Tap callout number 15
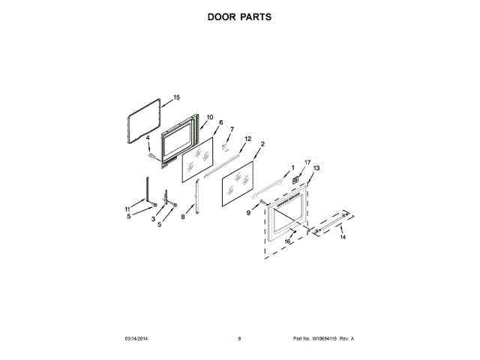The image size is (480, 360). tap(177, 97)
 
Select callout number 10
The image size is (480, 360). tap(210, 117)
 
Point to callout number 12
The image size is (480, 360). tap(247, 139)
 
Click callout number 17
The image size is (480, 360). tap(307, 163)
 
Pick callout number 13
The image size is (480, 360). tap(316, 169)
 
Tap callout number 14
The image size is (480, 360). tap(343, 237)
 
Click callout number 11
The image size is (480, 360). tap(127, 208)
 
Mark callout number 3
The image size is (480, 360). tap(154, 219)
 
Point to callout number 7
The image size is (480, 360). tap(232, 129)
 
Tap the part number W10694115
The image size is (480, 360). tap(324, 339)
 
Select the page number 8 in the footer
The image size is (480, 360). tap(239, 339)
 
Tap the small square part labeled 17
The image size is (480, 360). tap(298, 179)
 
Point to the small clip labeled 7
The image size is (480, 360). tap(223, 150)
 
